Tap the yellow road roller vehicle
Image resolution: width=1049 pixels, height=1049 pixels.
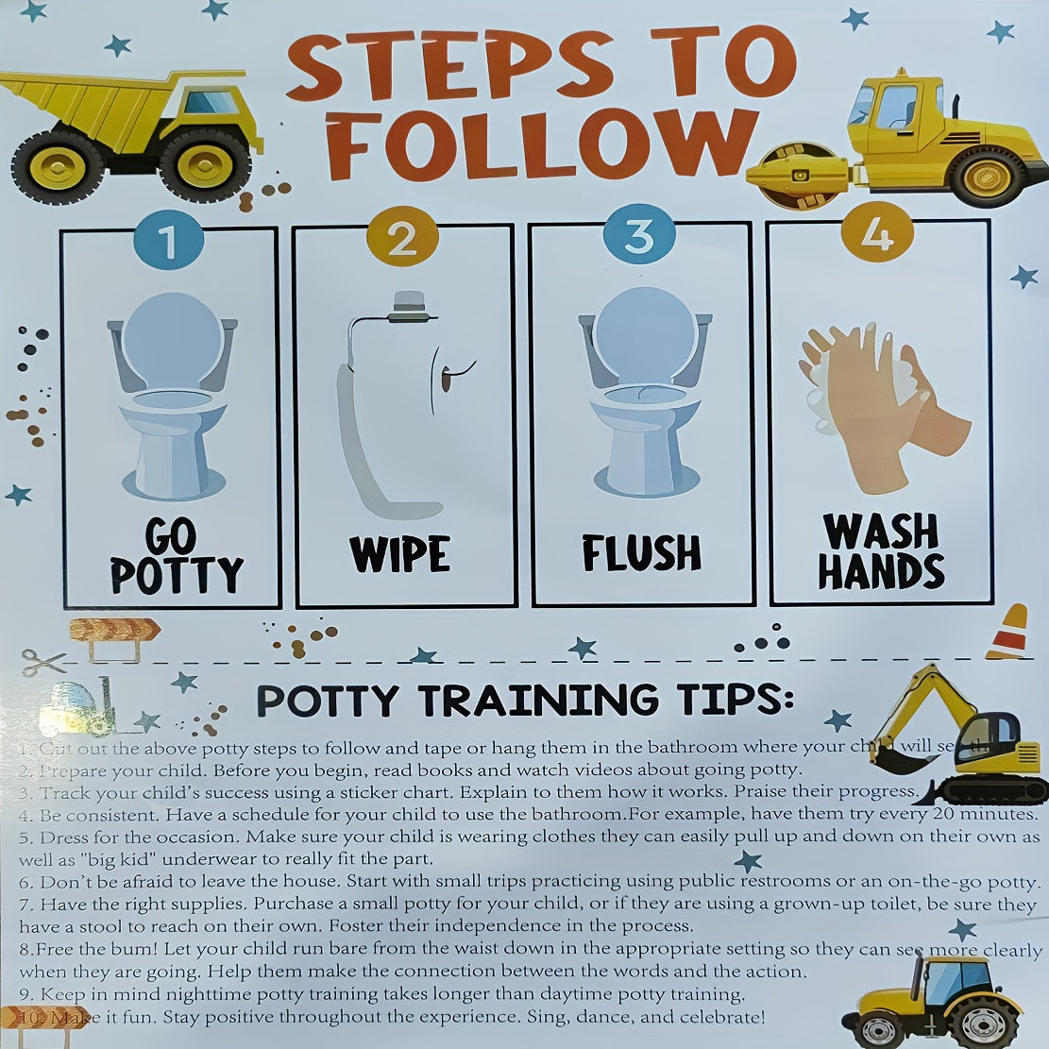click(888, 142)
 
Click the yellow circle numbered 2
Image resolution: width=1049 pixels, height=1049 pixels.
click(402, 238)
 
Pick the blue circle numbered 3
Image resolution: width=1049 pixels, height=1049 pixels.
click(639, 236)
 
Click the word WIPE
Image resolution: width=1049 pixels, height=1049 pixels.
click(399, 554)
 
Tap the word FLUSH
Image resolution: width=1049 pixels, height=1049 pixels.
click(641, 553)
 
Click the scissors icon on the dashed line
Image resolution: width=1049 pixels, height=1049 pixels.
click(42, 662)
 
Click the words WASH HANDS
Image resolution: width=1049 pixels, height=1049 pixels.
click(881, 552)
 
